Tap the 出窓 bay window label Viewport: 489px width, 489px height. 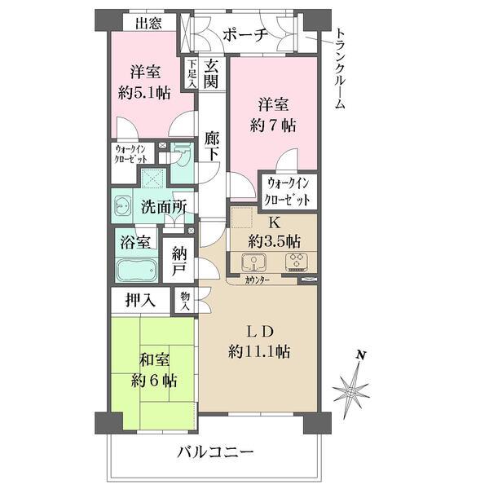(x=148, y=22)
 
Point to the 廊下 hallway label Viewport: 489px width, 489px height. (x=212, y=147)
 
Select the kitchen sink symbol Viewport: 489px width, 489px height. (x=253, y=262)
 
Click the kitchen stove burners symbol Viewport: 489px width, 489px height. (x=294, y=262)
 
